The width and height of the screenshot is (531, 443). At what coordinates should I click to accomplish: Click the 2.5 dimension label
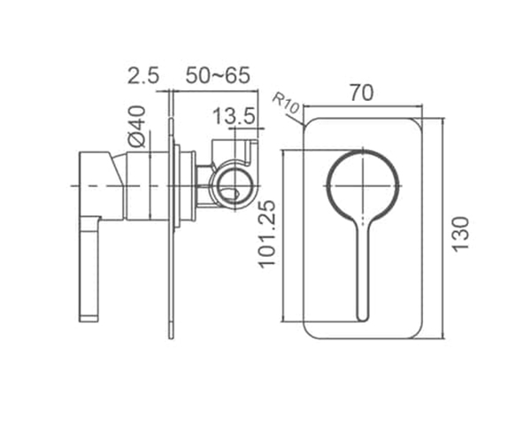pos(142,75)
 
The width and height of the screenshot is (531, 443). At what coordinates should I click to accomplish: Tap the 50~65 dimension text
pos(218,75)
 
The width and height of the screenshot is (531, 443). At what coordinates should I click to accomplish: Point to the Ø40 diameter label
pos(137,127)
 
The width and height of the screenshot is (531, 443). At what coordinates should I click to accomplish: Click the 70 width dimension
pos(362,93)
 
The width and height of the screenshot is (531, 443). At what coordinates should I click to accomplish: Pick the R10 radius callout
pos(286,104)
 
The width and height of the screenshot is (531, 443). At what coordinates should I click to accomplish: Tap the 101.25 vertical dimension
pos(267,234)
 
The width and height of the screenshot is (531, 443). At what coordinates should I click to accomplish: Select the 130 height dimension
pos(460,234)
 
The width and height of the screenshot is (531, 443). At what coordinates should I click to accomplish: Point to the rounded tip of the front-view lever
pos(362,317)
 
